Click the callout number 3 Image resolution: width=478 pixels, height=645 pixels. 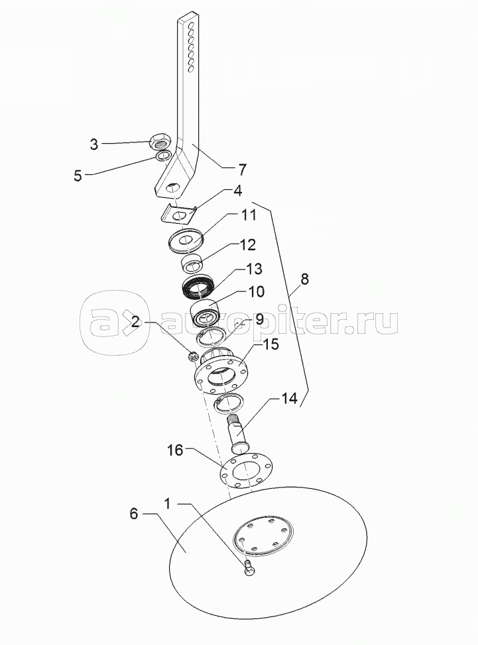[x=94, y=144]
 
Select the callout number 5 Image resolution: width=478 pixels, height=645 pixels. [x=78, y=175]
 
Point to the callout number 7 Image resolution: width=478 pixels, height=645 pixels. [x=242, y=170]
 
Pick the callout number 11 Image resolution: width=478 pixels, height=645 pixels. [x=249, y=215]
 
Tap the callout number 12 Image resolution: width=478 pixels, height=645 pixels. [x=247, y=245]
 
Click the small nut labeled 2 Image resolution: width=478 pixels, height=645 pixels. [x=192, y=356]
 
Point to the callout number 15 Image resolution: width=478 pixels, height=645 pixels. [x=270, y=344]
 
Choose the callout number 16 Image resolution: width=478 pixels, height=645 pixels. [x=174, y=450]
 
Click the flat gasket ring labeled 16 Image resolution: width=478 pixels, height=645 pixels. [x=246, y=470]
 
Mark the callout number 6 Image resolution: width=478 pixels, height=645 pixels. [x=133, y=514]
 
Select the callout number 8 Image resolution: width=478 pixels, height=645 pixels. [x=304, y=279]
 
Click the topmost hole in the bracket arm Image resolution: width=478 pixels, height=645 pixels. [x=191, y=26]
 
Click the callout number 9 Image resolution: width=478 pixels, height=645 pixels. [x=259, y=319]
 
